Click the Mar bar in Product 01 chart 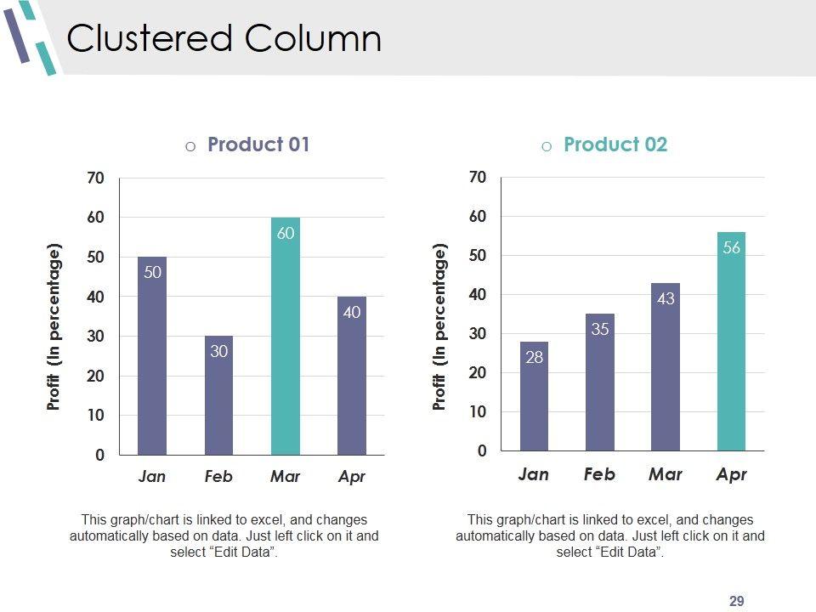(x=286, y=340)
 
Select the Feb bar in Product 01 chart (x=218, y=399)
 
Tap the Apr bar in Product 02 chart (x=731, y=348)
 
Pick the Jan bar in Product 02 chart (x=534, y=399)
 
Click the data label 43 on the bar (x=666, y=299)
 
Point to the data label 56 (x=731, y=248)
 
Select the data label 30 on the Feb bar (x=218, y=350)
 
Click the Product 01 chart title (x=258, y=144)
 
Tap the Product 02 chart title (x=615, y=144)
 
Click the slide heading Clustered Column (x=224, y=39)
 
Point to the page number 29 (x=737, y=602)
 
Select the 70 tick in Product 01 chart (x=96, y=178)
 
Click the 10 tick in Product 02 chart (x=478, y=412)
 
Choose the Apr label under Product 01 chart (x=351, y=477)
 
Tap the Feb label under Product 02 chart (x=599, y=474)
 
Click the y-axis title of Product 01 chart (x=54, y=327)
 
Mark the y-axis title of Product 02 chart (x=439, y=327)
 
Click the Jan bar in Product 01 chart (x=152, y=357)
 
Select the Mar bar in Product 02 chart (x=666, y=374)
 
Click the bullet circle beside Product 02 (x=547, y=146)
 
